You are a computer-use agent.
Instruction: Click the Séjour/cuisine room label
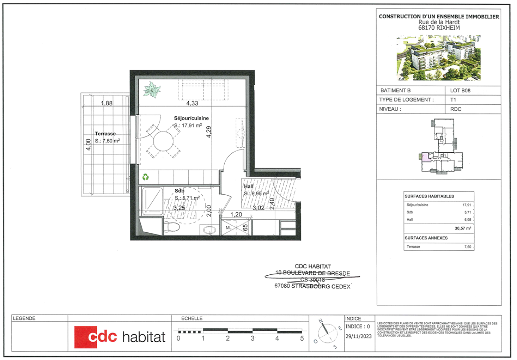192,118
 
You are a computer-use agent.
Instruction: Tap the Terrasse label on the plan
105,134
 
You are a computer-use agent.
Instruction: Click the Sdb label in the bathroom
179,191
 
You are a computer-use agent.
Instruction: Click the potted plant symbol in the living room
152,89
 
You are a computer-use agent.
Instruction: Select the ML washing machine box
229,228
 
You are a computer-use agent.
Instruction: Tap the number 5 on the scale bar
302,338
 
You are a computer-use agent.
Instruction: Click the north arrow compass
327,333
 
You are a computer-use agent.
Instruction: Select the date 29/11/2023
358,336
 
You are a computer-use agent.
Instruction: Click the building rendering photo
439,58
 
